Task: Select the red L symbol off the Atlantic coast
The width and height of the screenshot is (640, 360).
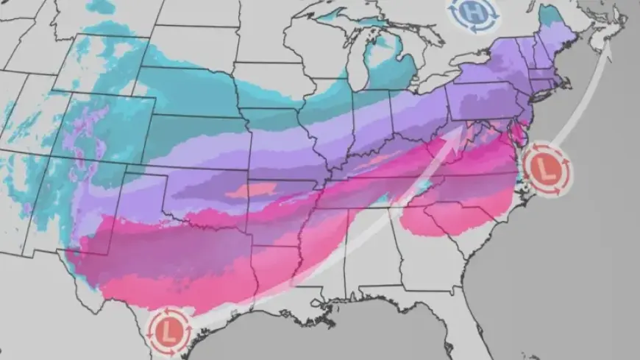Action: tap(544, 169)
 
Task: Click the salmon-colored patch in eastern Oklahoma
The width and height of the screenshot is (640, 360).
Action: tap(249, 191)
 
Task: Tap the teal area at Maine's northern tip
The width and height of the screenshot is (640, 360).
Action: tap(548, 13)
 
